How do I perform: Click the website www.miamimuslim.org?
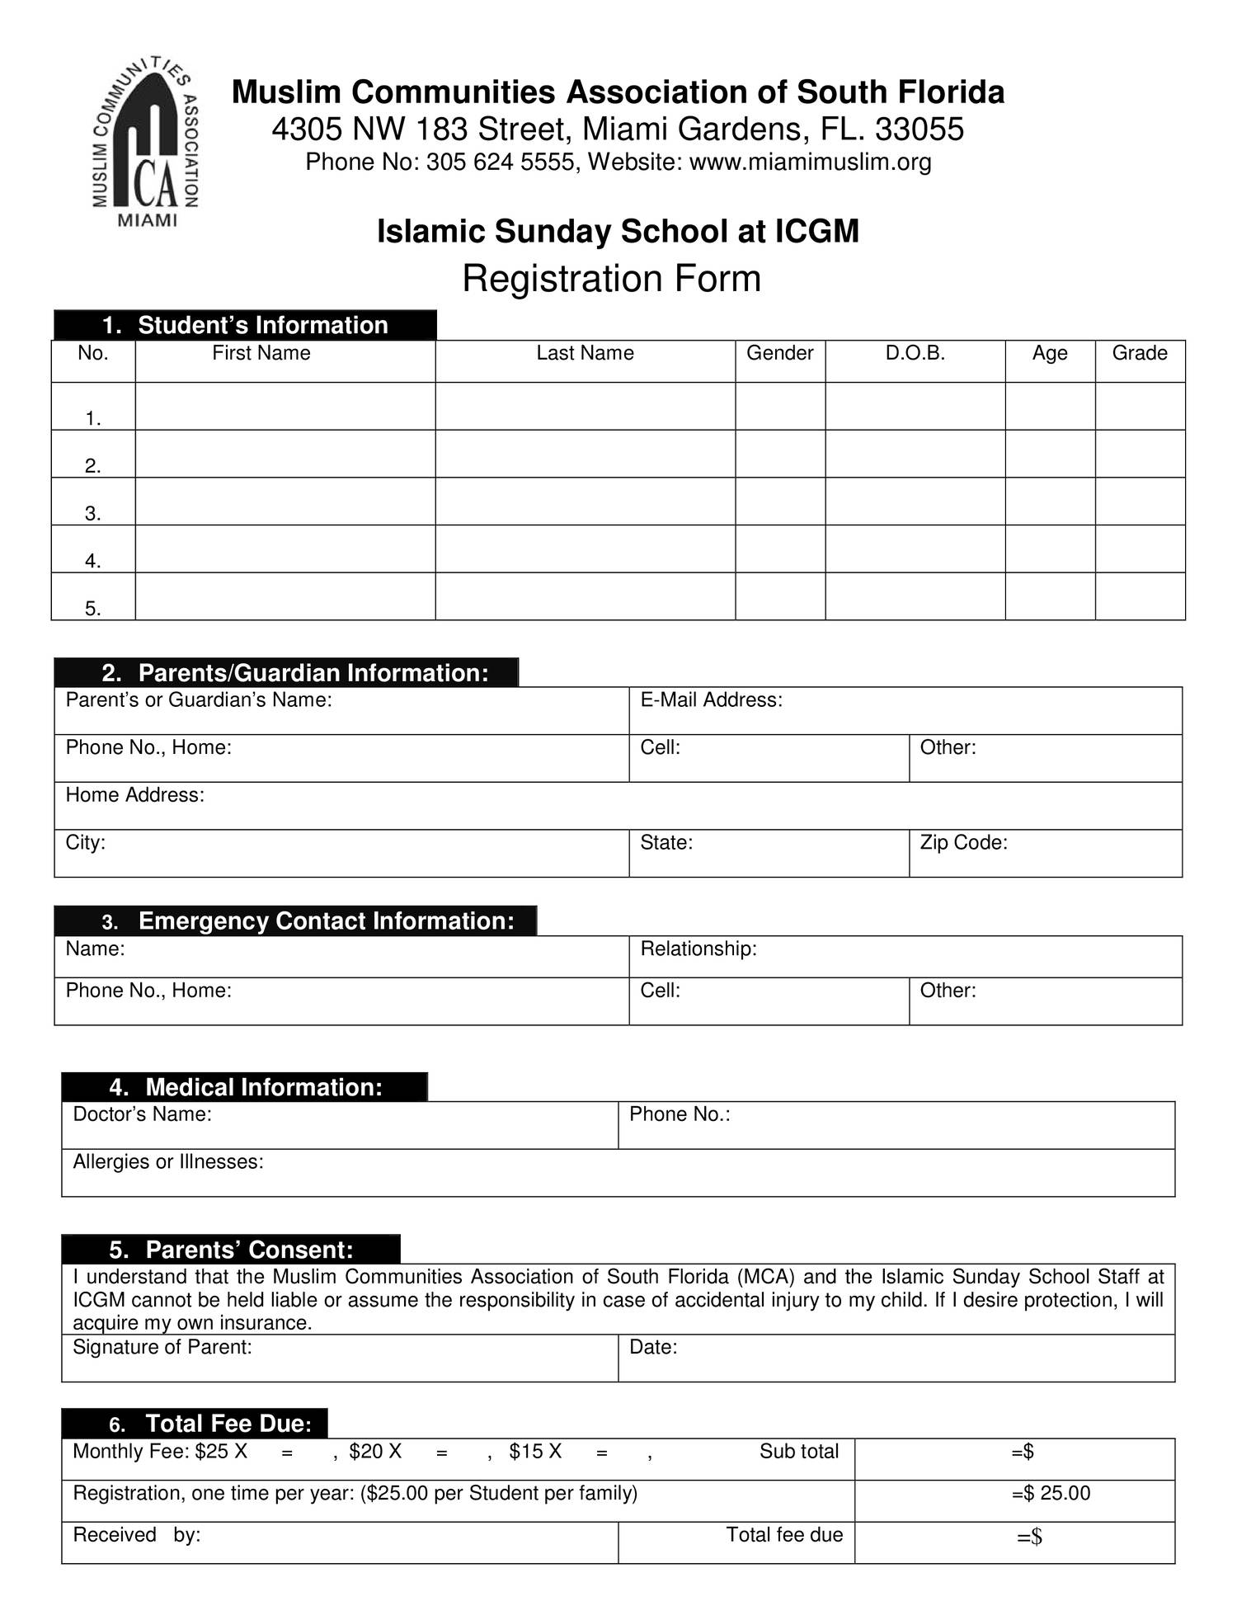click(x=810, y=162)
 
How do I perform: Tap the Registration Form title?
click(x=611, y=279)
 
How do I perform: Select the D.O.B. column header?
click(x=915, y=353)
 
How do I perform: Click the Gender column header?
click(x=779, y=353)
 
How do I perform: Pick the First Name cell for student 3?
click(x=285, y=501)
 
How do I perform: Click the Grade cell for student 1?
click(x=1140, y=406)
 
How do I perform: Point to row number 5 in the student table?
click(x=92, y=609)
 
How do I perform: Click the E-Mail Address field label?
click(x=711, y=700)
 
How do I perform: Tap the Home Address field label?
click(x=134, y=795)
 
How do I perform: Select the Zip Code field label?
click(x=963, y=842)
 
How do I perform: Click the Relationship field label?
click(x=698, y=949)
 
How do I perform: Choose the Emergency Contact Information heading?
click(x=326, y=921)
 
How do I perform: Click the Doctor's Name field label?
click(x=142, y=1114)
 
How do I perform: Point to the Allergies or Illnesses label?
click(x=168, y=1161)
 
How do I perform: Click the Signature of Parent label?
click(x=162, y=1347)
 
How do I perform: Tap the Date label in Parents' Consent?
click(x=652, y=1347)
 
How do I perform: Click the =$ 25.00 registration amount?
click(x=1051, y=1493)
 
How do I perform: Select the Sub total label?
click(x=798, y=1451)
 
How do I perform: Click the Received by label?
click(x=137, y=1534)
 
